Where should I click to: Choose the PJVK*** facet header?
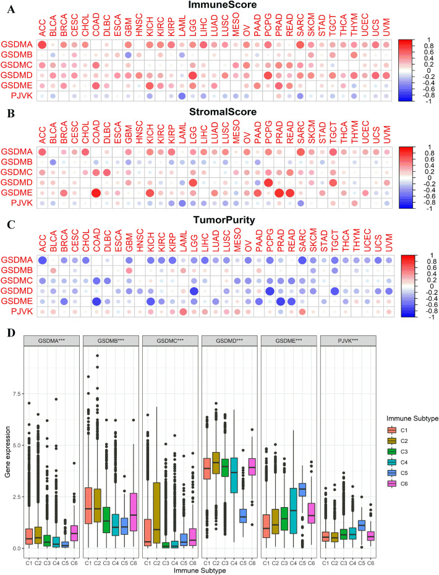coord(341,342)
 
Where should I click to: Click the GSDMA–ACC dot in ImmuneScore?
coord(42,44)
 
